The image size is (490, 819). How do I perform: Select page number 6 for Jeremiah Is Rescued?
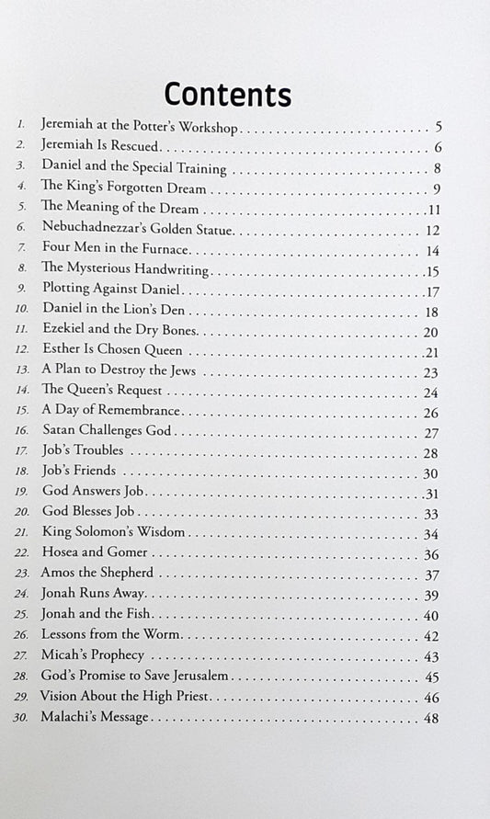(x=439, y=147)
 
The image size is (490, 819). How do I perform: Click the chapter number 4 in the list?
(x=20, y=189)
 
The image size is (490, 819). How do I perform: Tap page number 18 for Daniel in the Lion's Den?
(x=432, y=313)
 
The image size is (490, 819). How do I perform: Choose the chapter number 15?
(x=21, y=412)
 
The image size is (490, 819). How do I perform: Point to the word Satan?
(x=60, y=431)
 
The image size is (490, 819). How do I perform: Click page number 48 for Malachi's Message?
(x=432, y=717)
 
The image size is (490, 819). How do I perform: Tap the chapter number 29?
(x=21, y=698)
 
